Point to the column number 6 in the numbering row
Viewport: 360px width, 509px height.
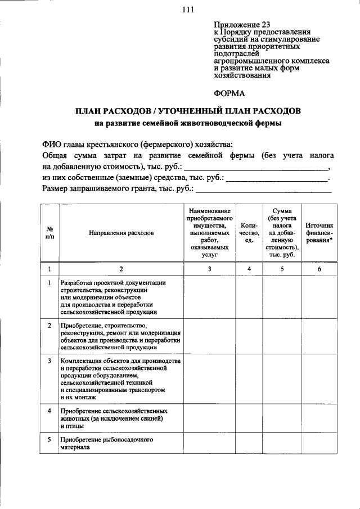[x=319, y=269]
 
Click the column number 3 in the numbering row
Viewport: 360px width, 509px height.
[x=209, y=269]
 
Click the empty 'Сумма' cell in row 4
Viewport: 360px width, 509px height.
[x=282, y=418]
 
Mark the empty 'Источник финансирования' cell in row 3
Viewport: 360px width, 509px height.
[x=319, y=379]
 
